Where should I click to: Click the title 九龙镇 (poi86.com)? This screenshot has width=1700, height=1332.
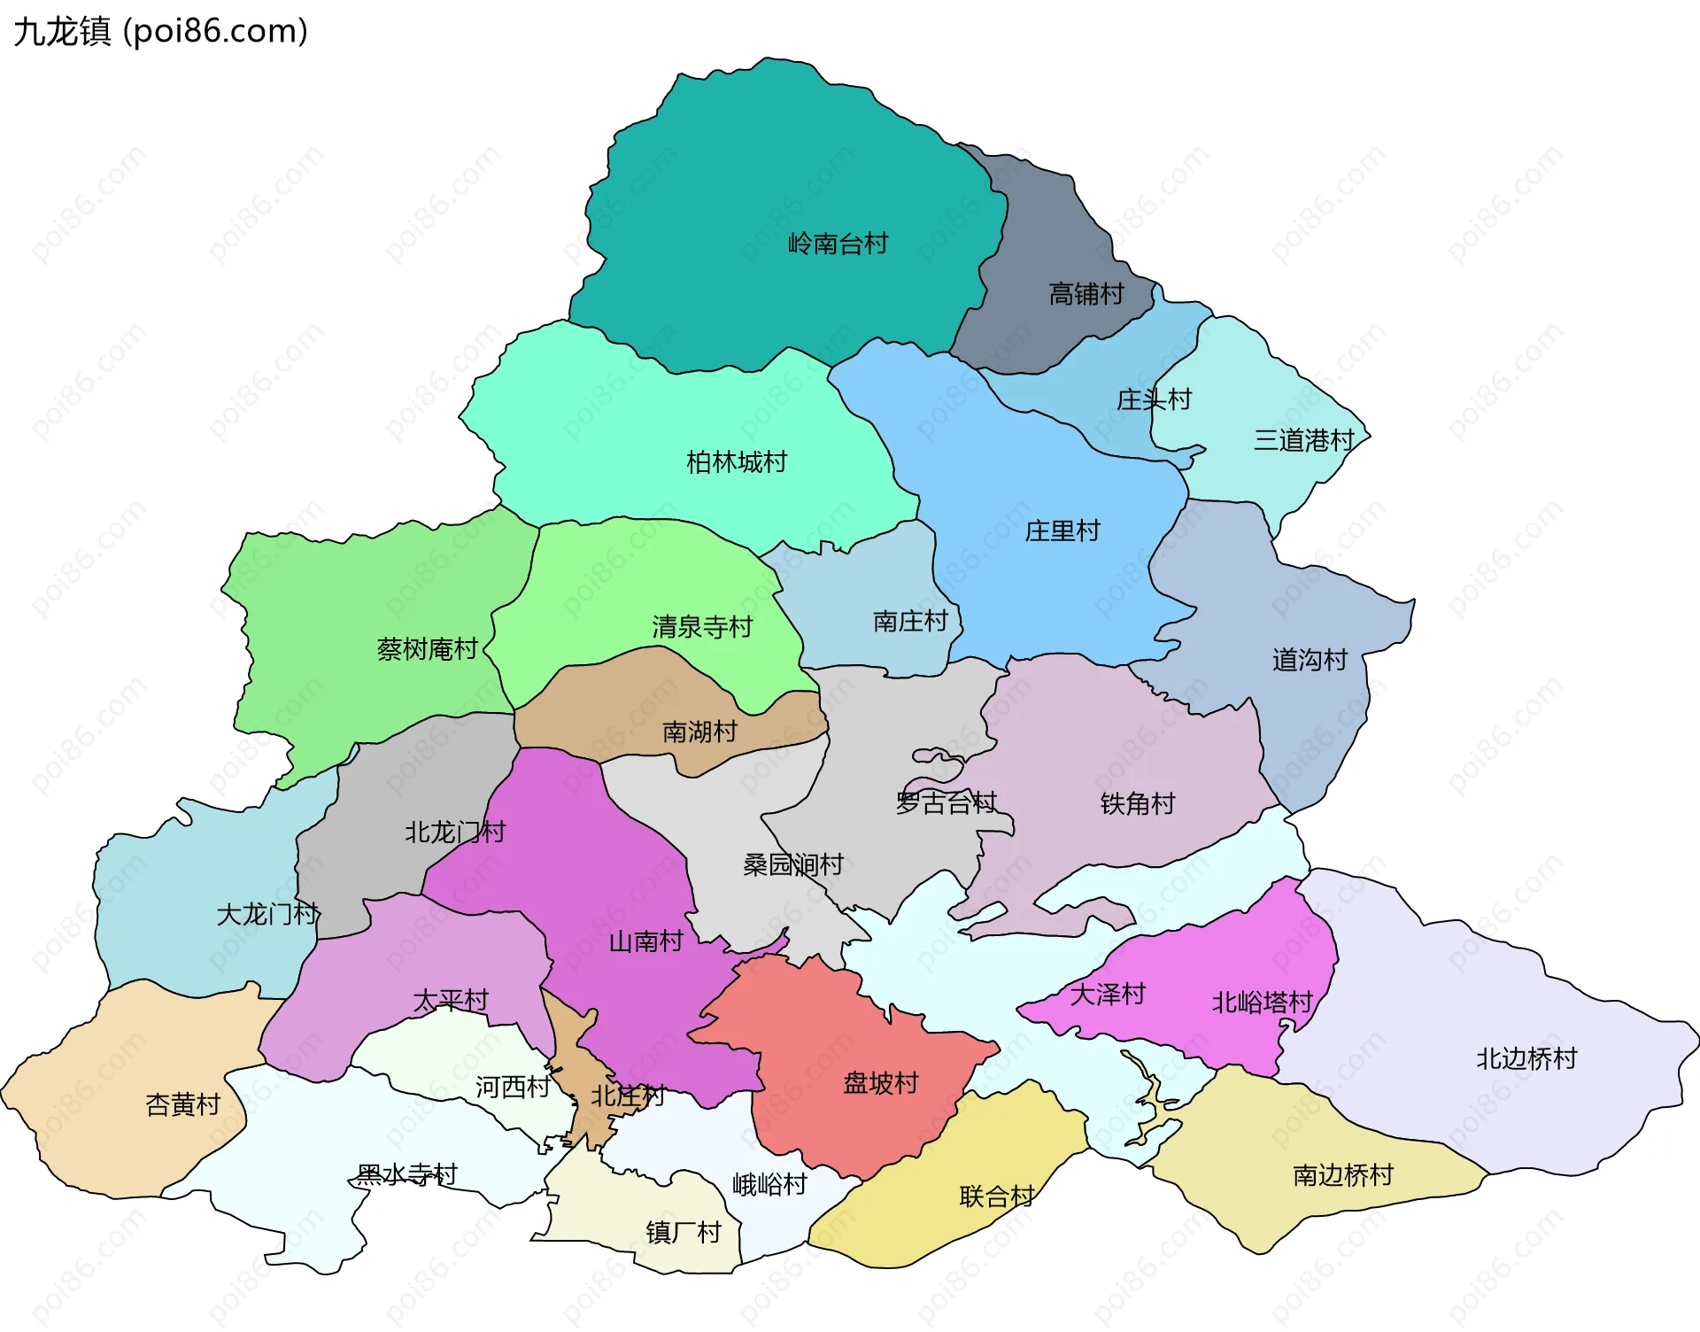coord(160,31)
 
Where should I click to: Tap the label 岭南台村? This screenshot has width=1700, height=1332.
coord(838,243)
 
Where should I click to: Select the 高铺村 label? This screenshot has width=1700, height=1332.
coord(1086,293)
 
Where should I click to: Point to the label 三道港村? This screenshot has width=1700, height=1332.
coord(1303,440)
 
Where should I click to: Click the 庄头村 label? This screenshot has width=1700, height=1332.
coord(1153,399)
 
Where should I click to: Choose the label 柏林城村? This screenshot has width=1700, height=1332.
coord(736,461)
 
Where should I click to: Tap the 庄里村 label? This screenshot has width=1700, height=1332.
coord(1062,530)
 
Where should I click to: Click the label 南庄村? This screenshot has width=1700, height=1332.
coord(909,621)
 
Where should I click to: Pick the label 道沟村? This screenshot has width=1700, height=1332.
coord(1309,660)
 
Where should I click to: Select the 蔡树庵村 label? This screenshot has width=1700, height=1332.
coord(427,649)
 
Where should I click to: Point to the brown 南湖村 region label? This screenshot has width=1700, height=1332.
coord(699,732)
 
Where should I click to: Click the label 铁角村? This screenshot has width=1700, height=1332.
coord(1137,803)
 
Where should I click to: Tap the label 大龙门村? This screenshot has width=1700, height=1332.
coord(267,914)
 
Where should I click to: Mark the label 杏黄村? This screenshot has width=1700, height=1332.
coord(182,1104)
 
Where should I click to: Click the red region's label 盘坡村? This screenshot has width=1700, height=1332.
coord(880,1082)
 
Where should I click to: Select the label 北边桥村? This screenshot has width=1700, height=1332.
coord(1526,1058)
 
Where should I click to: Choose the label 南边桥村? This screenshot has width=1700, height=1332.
coord(1342,1175)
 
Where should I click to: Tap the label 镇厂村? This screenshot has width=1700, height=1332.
coord(683,1232)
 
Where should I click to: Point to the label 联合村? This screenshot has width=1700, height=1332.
coord(996,1196)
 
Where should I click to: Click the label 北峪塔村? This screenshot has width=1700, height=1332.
coord(1261,1003)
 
